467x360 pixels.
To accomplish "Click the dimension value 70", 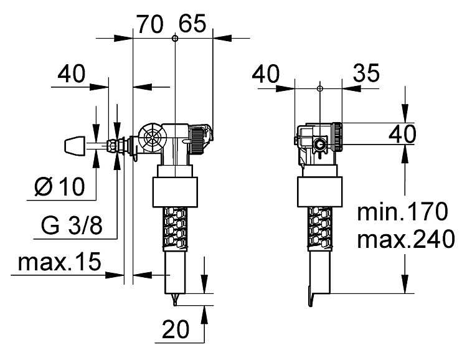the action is click(x=150, y=24).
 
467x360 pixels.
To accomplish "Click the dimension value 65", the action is click(x=192, y=24).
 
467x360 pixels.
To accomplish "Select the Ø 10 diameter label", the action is click(x=60, y=187).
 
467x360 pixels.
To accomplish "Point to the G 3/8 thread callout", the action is click(x=72, y=225).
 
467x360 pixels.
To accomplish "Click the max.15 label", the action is click(x=60, y=262).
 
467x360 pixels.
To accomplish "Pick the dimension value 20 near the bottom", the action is click(x=176, y=329).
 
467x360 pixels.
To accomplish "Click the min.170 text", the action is click(x=402, y=211).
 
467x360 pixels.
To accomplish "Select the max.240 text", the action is click(x=406, y=239).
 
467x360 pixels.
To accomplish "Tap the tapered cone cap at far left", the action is click(x=75, y=146).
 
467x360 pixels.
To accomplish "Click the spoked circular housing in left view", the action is click(x=153, y=138).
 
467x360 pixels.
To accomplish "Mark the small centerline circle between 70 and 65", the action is click(x=175, y=38).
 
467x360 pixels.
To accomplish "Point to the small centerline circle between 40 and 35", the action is click(x=320, y=88).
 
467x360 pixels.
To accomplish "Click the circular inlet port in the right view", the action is click(x=319, y=145).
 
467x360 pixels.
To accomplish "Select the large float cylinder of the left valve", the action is click(x=175, y=192).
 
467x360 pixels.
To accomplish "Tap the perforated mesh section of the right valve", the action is click(x=320, y=227).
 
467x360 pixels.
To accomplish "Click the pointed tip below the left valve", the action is click(x=175, y=300).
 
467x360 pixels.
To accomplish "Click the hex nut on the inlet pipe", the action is click(x=111, y=146).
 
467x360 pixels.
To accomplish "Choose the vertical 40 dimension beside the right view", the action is click(x=402, y=133).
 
